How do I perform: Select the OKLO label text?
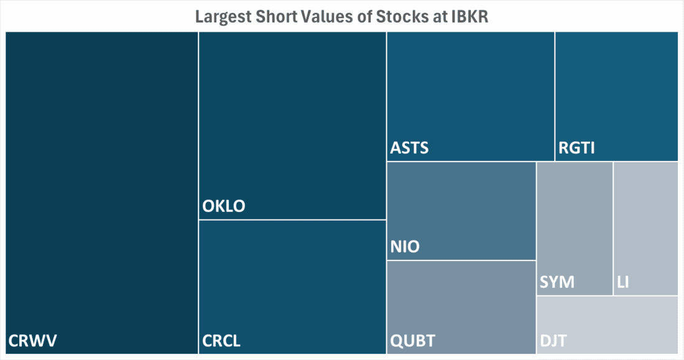[224, 206]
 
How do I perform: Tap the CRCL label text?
[221, 341]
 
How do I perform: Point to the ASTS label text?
[410, 149]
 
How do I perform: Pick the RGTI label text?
[576, 149]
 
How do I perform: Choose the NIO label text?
[405, 247]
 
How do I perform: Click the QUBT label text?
[413, 341]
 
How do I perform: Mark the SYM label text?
[557, 283]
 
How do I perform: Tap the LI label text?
[623, 283]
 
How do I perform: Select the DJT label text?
[553, 341]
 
